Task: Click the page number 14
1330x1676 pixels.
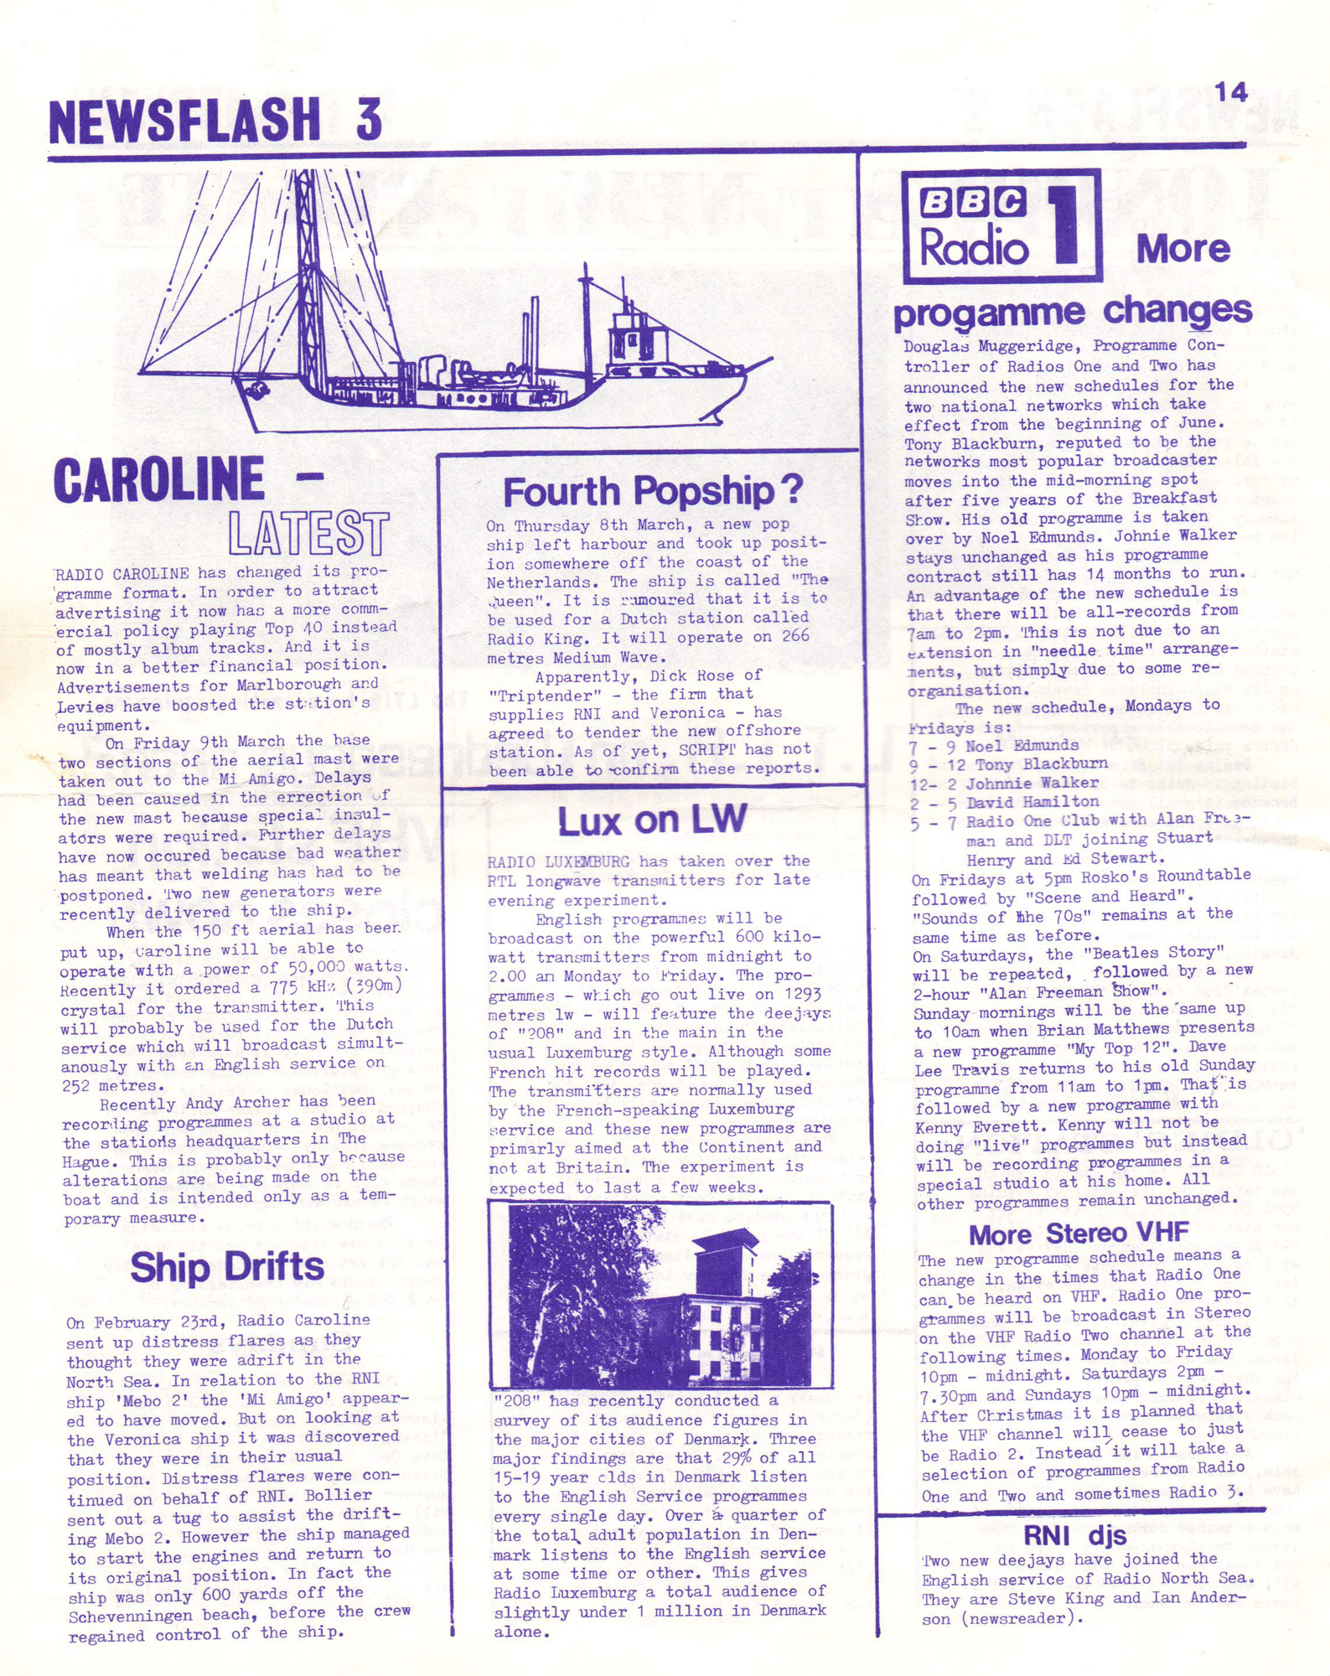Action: tap(1231, 91)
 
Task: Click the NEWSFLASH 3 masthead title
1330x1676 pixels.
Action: tap(215, 119)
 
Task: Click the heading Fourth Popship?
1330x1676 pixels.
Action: tap(652, 491)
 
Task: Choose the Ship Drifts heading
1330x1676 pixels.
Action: tap(226, 1266)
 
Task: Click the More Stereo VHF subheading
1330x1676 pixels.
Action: tap(1079, 1234)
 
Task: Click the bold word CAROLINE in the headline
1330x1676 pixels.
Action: tap(159, 479)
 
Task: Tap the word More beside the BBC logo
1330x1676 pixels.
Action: tap(1183, 248)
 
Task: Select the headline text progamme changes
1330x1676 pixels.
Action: tap(1072, 313)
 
